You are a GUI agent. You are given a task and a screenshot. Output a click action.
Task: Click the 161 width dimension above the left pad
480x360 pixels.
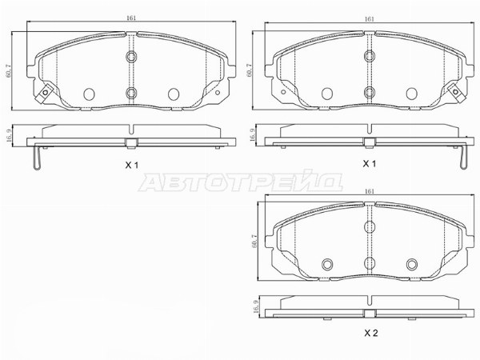[131, 18]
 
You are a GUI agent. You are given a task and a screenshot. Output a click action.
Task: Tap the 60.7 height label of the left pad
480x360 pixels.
[8, 71]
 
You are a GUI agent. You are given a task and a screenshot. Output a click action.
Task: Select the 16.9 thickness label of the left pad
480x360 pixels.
[8, 136]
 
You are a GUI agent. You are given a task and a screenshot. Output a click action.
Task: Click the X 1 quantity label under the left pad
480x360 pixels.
[132, 166]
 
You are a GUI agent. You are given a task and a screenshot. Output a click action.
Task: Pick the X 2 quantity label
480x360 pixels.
[371, 333]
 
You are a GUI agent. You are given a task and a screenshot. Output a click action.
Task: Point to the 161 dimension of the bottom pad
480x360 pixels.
[370, 191]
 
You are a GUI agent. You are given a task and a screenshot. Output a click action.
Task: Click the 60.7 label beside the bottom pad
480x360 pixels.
[254, 241]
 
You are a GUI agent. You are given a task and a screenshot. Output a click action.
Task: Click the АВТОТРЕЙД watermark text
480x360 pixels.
[241, 182]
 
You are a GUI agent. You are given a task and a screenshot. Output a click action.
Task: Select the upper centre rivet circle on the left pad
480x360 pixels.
[132, 56]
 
